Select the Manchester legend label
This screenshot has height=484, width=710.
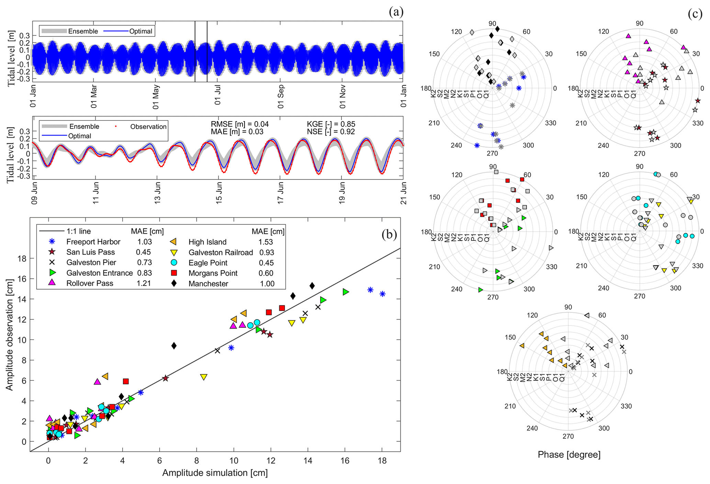(208, 284)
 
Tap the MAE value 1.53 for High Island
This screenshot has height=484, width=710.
(266, 242)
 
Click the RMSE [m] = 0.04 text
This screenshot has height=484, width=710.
(239, 124)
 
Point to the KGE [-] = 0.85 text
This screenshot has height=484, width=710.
(331, 124)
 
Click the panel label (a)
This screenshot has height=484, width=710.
(396, 12)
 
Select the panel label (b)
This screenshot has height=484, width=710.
(389, 235)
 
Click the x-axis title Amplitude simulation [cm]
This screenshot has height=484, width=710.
(215, 473)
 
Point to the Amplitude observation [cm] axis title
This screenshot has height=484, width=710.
(9, 334)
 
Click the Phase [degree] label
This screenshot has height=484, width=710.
(569, 455)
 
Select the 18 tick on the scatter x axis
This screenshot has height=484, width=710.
(382, 461)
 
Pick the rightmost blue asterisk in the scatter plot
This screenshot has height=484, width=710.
(382, 294)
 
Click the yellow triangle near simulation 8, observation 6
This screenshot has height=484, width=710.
(204, 377)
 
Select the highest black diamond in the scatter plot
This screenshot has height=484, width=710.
(312, 286)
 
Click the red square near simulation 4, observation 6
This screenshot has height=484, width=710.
(126, 381)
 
